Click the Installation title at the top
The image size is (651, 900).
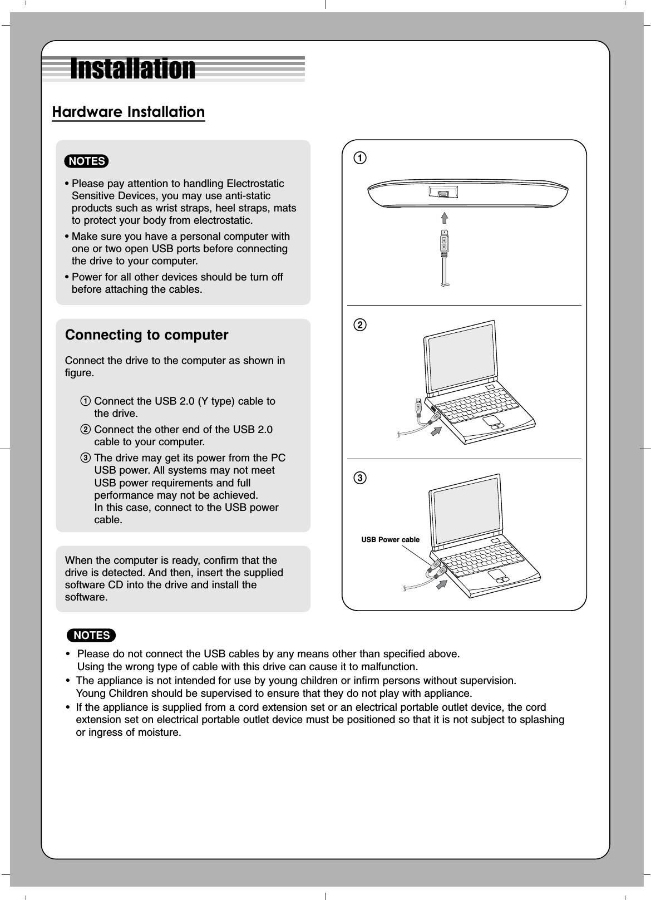tap(132, 69)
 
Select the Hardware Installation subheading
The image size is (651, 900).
tap(128, 112)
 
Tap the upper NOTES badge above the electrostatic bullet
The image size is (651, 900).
tap(86, 161)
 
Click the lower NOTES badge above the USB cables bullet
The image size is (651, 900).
tap(91, 635)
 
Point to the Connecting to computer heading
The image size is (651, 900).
tap(146, 335)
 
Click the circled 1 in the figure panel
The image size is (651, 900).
tap(361, 158)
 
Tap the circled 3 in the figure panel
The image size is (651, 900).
tap(361, 478)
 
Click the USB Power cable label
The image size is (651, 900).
tap(390, 540)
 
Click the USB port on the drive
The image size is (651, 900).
tap(443, 194)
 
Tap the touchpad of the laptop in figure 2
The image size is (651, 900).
tap(491, 420)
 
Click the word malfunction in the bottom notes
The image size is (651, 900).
tap(387, 666)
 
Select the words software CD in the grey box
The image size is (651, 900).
tap(94, 585)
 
